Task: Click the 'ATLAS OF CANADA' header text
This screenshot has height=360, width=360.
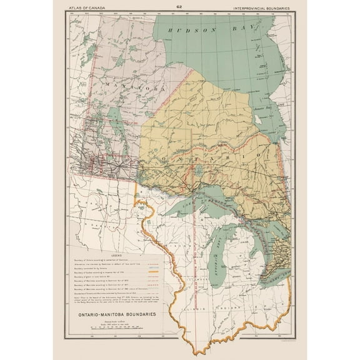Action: coord(87,7)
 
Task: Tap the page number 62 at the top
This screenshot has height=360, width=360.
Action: coord(179,7)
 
